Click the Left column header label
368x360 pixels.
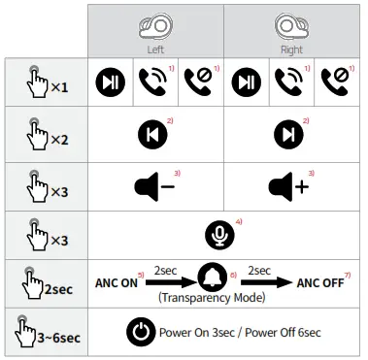point(155,49)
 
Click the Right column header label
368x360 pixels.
point(291,49)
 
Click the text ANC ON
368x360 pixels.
point(117,284)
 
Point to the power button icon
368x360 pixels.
point(141,333)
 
